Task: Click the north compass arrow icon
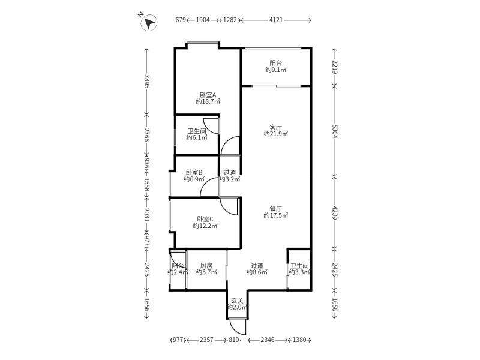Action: coord(149,23)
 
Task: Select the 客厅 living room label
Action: coord(275,127)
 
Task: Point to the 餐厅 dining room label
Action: coord(275,208)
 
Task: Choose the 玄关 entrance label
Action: coord(237,301)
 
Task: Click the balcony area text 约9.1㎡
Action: coord(275,70)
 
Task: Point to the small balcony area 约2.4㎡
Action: coord(178,272)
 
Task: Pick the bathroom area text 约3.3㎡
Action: coord(299,272)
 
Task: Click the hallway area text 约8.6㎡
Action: coord(258,272)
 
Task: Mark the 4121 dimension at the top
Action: coord(276,20)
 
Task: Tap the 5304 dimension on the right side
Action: coord(335,130)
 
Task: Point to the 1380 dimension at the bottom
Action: coord(299,340)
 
